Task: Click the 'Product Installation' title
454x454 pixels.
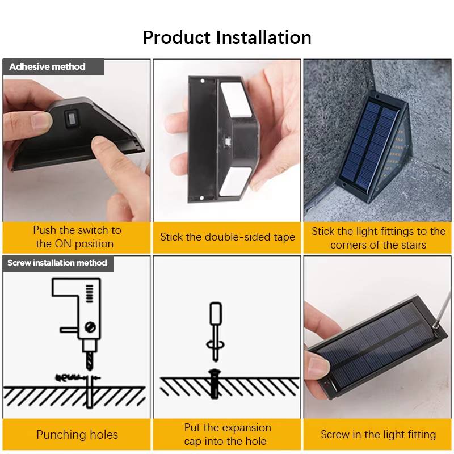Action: pos(227,37)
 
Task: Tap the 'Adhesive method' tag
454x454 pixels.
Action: pos(48,67)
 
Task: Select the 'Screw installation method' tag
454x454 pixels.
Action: pos(57,263)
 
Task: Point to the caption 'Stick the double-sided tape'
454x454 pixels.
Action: pos(227,237)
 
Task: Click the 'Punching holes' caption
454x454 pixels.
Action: pos(77,435)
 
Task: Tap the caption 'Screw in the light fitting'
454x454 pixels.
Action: pos(378,435)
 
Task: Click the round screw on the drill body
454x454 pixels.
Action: pos(90,326)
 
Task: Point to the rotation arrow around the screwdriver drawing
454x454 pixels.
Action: pos(216,344)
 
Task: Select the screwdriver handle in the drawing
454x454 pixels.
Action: pos(216,316)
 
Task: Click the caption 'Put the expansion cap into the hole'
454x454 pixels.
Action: pos(227,435)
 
